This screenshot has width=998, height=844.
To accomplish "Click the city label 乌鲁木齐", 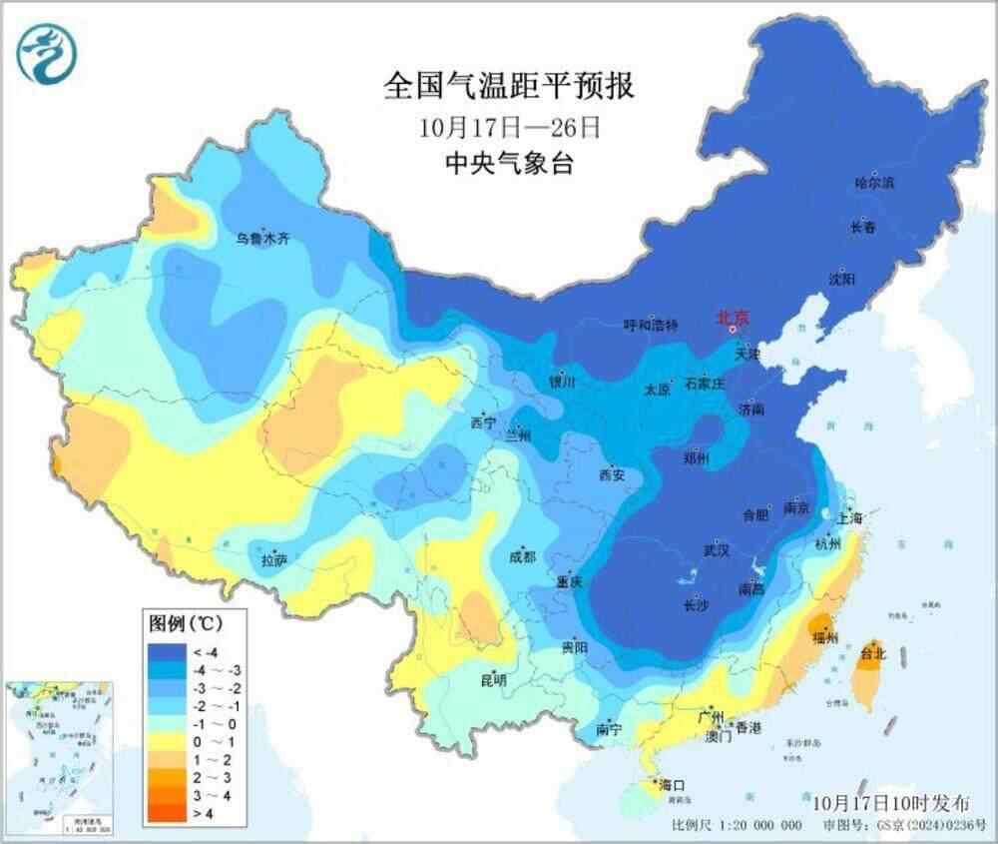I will point(263,239).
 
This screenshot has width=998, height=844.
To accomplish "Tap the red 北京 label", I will point(734,318).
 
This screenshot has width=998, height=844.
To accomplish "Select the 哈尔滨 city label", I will point(875,183).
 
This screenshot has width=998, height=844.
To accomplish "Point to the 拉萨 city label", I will point(273,561).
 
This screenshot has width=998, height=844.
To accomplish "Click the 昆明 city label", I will point(493,680).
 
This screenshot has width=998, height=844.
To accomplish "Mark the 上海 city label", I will point(850,518).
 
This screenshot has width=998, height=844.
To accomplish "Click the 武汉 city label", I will point(717,550).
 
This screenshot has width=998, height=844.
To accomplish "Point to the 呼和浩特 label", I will point(650,326).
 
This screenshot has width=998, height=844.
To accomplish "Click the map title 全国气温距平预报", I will point(509,87).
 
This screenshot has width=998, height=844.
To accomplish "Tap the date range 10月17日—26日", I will point(509,128).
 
